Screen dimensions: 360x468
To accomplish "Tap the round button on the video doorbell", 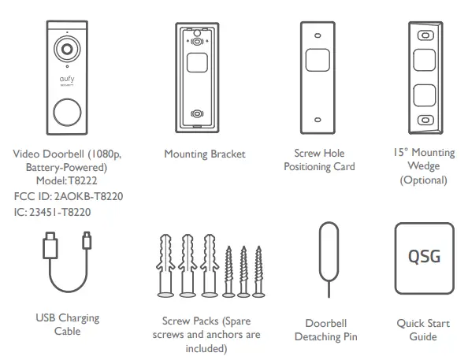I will tap(67, 111).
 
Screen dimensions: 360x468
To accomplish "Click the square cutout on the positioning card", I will tap(318, 60).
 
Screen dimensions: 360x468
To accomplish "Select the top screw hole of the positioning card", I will tap(318, 35).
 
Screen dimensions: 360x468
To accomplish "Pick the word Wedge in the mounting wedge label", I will tap(423, 166).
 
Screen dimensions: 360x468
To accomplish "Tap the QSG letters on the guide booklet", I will tap(424, 258).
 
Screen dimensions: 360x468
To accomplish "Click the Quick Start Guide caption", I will tap(423, 329).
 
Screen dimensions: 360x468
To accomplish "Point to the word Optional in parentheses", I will tap(423, 180).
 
